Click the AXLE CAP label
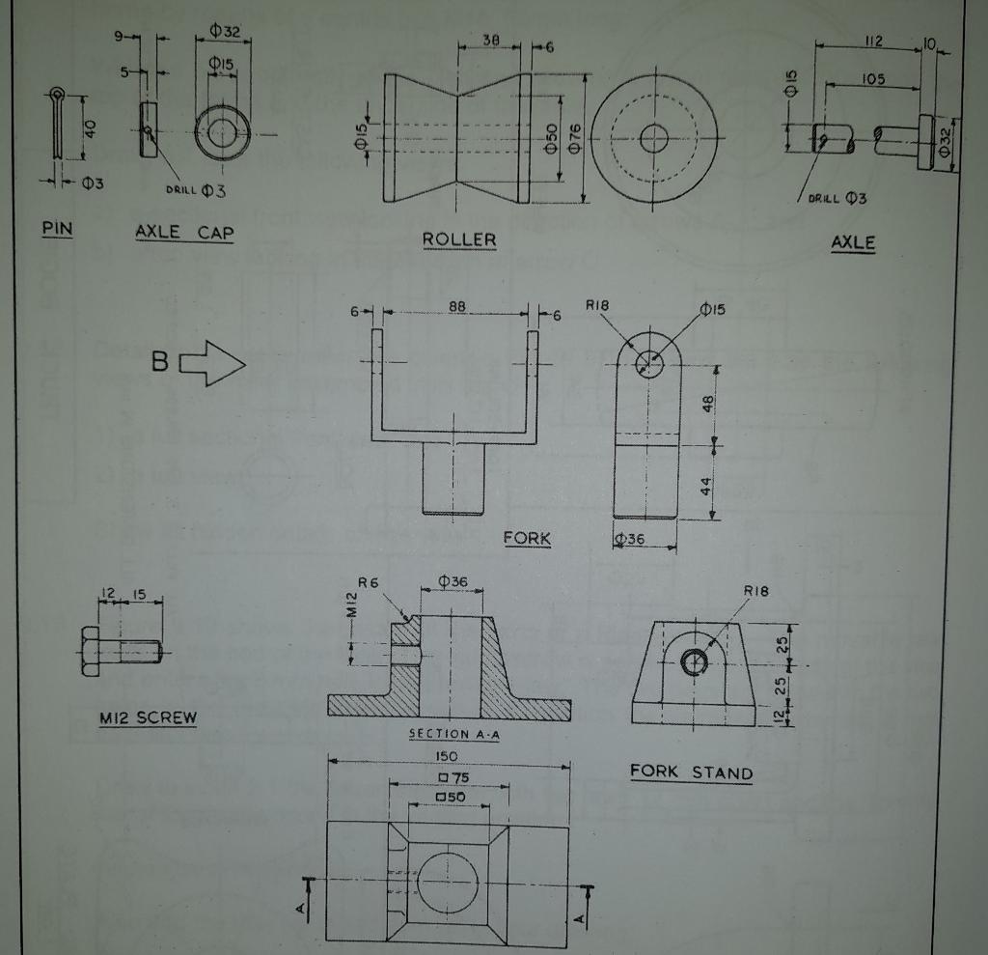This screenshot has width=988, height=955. coord(184,232)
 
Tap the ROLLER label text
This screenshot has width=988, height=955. coord(459,239)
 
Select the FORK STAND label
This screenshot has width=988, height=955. coord(691,772)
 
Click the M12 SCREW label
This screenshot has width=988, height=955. coord(148,717)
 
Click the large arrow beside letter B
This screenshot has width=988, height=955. coord(213,363)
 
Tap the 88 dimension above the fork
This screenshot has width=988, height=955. coord(457,306)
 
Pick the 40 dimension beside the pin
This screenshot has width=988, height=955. coord(89,128)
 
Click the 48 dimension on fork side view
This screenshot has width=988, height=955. coord(707,405)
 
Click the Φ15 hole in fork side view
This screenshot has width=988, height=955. coord(649,364)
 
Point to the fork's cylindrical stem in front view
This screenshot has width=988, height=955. coord(453,478)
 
